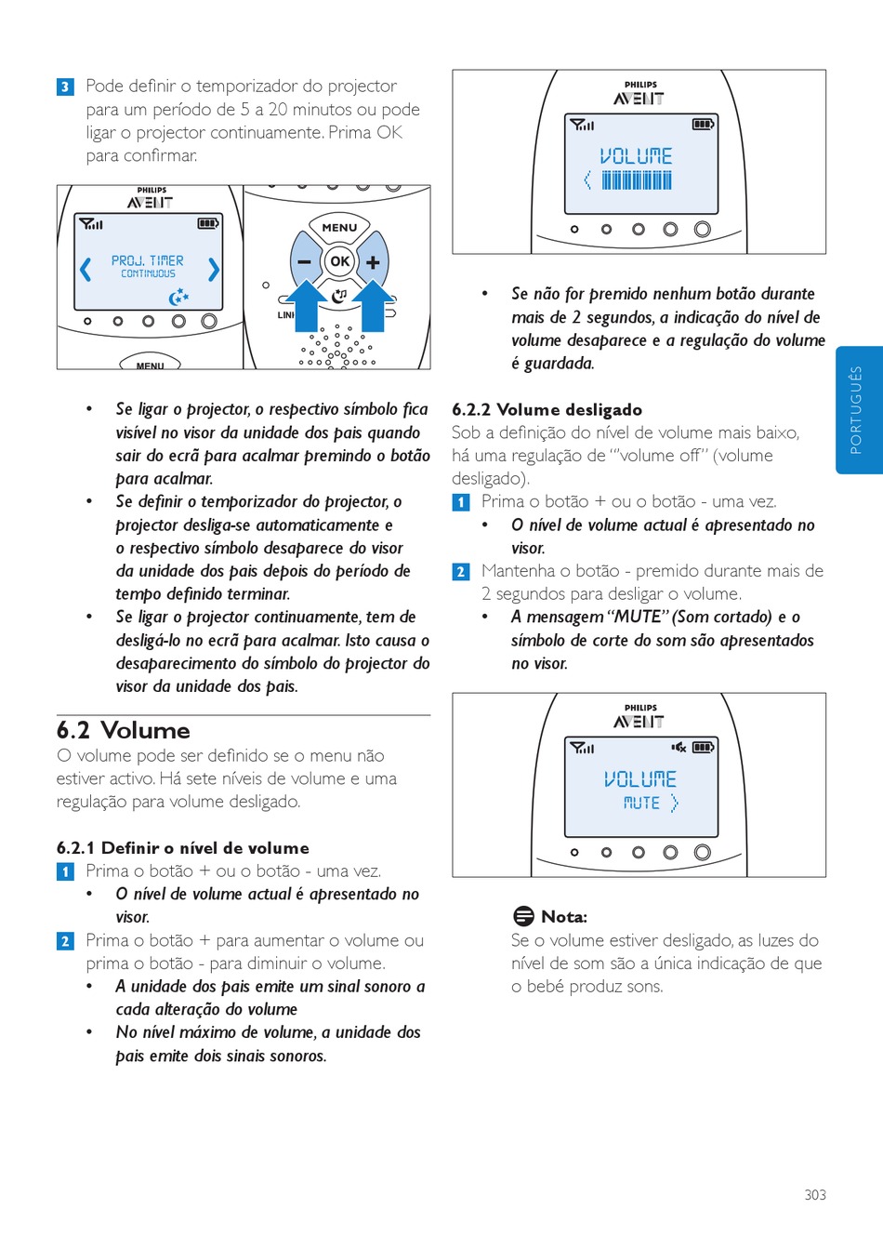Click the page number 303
point(815,1195)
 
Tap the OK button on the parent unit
point(339,261)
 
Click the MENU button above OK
point(339,227)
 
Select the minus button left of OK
point(305,262)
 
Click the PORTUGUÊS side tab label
point(856,410)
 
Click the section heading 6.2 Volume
point(124,730)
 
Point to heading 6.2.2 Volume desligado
point(547,409)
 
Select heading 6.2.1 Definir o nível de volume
point(183,847)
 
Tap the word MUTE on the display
point(641,803)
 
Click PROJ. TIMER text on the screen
point(148,260)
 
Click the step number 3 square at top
point(65,87)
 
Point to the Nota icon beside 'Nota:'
point(523,916)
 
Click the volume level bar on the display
point(637,180)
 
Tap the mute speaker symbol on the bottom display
point(679,747)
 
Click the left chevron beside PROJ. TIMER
point(86,269)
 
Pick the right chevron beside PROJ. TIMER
point(214,269)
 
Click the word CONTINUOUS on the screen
point(148,274)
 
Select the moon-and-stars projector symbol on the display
point(178,297)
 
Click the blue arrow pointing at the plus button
point(373,305)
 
